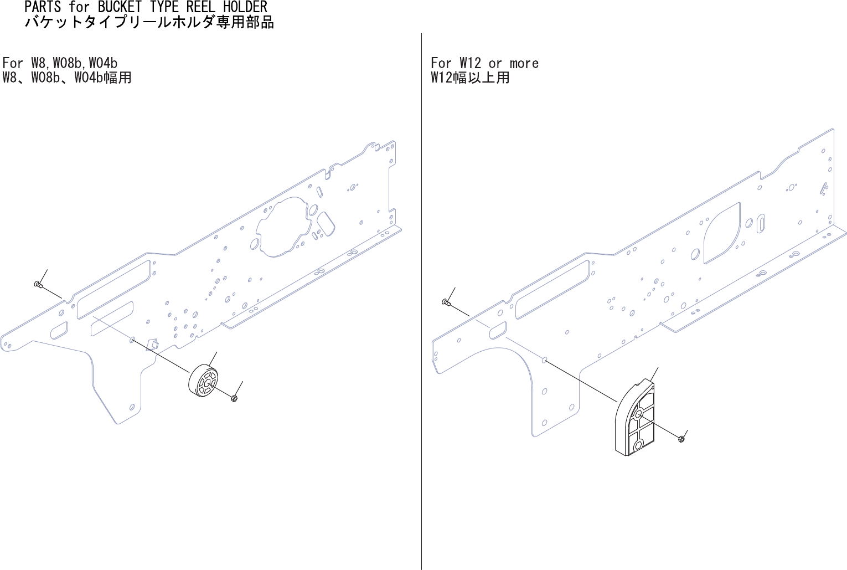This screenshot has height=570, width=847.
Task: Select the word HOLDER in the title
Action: pyautogui.click(x=245, y=7)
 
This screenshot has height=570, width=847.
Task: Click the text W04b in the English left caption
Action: pyautogui.click(x=103, y=63)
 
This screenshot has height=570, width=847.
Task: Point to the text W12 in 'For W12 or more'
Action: pyautogui.click(x=470, y=63)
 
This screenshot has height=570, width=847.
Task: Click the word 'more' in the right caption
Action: pyautogui.click(x=524, y=63)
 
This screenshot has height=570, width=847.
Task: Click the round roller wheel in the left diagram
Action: pyautogui.click(x=203, y=381)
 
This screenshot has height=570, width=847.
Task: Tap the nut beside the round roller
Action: pyautogui.click(x=234, y=398)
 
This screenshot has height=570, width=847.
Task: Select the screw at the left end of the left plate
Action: pyautogui.click(x=38, y=285)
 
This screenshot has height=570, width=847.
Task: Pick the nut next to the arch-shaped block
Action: pyautogui.click(x=681, y=439)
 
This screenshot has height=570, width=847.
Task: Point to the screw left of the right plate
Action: pyautogui.click(x=446, y=302)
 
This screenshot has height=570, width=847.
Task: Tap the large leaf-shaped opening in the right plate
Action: pyautogui.click(x=721, y=233)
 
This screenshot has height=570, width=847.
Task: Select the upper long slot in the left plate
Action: pyautogui.click(x=113, y=289)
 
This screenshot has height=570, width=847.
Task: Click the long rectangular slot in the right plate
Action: pyautogui.click(x=552, y=290)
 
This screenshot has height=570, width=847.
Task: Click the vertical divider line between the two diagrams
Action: pyautogui.click(x=421, y=299)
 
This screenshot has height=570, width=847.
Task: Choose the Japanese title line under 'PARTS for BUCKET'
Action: pyautogui.click(x=149, y=23)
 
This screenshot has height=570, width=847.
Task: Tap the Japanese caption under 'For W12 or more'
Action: pyautogui.click(x=470, y=78)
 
